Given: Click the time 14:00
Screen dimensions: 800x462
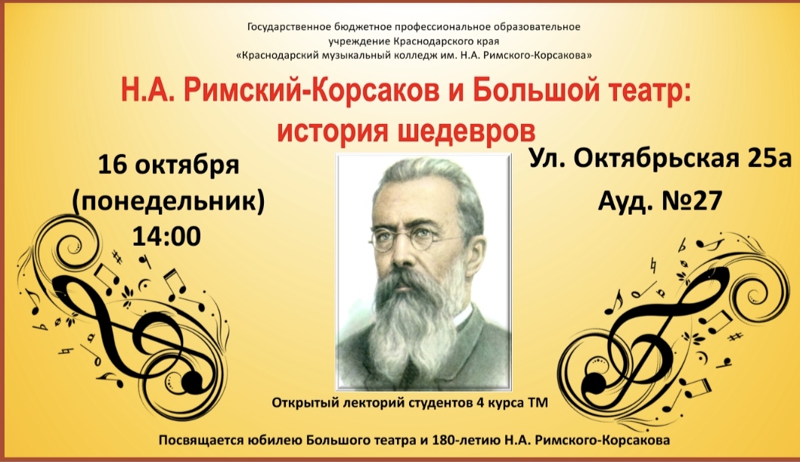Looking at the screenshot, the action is (x=166, y=237).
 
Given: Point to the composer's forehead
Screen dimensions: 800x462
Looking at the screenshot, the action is (x=418, y=199).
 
